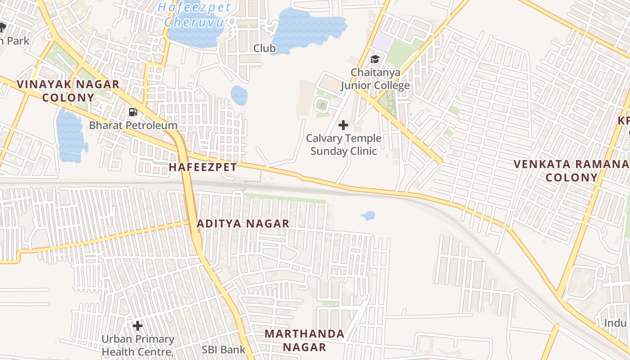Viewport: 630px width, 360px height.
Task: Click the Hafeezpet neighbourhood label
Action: pyautogui.click(x=202, y=167)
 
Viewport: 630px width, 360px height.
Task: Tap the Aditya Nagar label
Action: pyautogui.click(x=243, y=224)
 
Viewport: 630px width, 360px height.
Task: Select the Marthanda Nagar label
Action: pyautogui.click(x=304, y=340)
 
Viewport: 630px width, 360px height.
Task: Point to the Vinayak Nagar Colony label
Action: pyautogui.click(x=68, y=90)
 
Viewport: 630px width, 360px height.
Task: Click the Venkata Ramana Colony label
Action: pyautogui.click(x=571, y=170)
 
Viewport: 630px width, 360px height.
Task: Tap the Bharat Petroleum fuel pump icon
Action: pyautogui.click(x=133, y=112)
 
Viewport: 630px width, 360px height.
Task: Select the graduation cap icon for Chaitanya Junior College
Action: pyautogui.click(x=375, y=59)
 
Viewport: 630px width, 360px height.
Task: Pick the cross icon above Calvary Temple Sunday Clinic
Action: pyautogui.click(x=343, y=125)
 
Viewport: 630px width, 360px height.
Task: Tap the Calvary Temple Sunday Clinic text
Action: pyautogui.click(x=344, y=144)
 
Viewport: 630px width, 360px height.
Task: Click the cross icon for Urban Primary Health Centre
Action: pyautogui.click(x=138, y=325)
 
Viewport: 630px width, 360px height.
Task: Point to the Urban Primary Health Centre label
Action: pyautogui.click(x=138, y=344)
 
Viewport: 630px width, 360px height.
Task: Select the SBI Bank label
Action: pyautogui.click(x=223, y=350)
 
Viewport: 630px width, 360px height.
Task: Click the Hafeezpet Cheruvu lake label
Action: pyautogui.click(x=197, y=14)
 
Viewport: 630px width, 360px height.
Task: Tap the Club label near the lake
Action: pyautogui.click(x=265, y=48)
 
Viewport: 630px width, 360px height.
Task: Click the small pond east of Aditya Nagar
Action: pyautogui.click(x=368, y=216)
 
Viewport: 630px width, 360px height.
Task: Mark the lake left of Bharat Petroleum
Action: pyautogui.click(x=70, y=135)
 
